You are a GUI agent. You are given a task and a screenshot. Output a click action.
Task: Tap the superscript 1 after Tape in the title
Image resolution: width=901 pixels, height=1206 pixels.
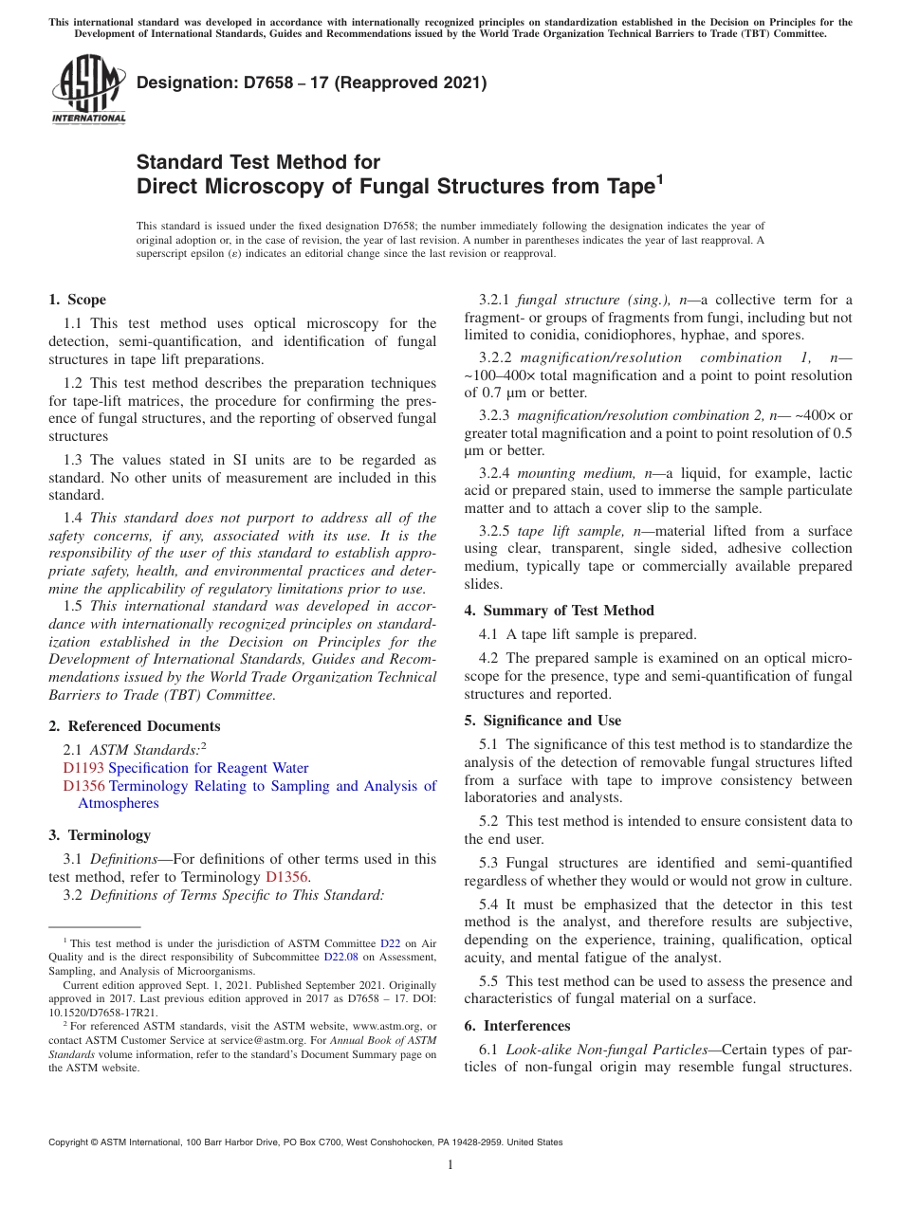(x=659, y=179)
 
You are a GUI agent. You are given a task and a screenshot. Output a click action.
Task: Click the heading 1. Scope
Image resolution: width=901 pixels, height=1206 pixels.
(x=77, y=300)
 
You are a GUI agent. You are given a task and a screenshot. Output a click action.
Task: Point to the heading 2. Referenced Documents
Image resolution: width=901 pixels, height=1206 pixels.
(x=134, y=726)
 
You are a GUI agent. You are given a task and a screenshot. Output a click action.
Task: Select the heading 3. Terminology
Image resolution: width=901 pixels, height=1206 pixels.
(x=99, y=835)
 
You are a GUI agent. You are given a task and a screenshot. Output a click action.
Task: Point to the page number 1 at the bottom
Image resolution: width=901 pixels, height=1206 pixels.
(x=450, y=1164)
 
